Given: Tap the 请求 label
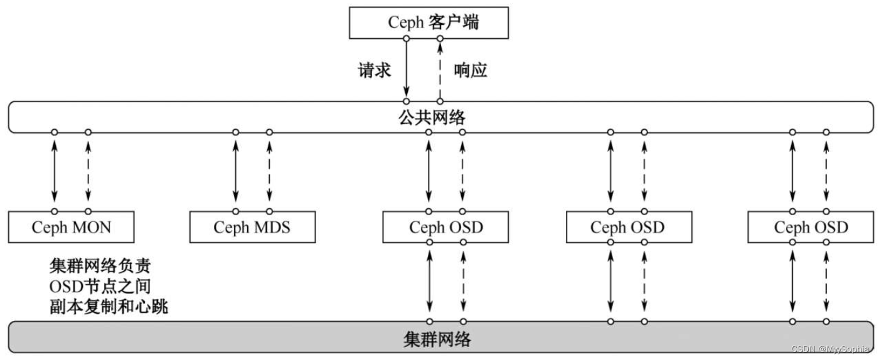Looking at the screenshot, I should coord(375,70).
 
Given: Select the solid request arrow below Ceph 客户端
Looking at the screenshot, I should coord(407,70).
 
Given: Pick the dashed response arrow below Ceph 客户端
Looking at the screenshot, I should coord(440,70).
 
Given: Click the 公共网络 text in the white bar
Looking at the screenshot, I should coord(440,117).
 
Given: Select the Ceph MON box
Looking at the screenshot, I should coord(72,227).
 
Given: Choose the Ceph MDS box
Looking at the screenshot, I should coord(252,227).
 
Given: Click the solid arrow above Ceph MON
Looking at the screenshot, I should coord(55,171).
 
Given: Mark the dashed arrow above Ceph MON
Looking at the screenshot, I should coord(88,171).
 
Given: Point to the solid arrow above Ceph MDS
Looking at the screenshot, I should coord(236,171).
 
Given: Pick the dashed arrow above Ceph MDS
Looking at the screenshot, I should coord(269,171).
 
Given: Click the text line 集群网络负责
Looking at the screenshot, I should coord(100,266).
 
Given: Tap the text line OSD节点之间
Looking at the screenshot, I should coord(100,287).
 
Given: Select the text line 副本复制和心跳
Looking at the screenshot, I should coord(109,307).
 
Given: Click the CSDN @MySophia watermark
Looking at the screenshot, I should coord(831,349).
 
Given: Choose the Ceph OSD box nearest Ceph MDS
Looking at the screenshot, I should coord(446,227).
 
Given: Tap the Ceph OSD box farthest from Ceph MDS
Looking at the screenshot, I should coord(811,227).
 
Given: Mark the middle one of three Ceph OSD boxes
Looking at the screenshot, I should coord(627,227).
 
